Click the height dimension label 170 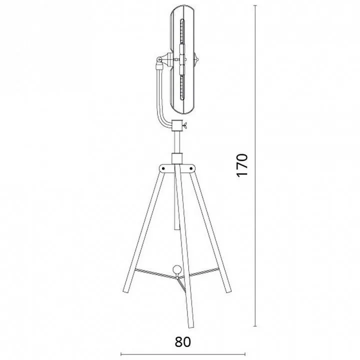tap(242, 165)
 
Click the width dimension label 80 tap(183, 342)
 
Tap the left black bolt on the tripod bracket tap(163, 168)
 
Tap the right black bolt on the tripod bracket tap(191, 168)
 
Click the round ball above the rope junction tap(177, 269)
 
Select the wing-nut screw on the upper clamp tap(184, 125)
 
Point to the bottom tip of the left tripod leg tap(126, 291)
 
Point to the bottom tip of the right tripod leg tap(228, 291)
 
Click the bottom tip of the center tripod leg tap(191, 326)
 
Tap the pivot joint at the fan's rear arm tap(159, 59)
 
